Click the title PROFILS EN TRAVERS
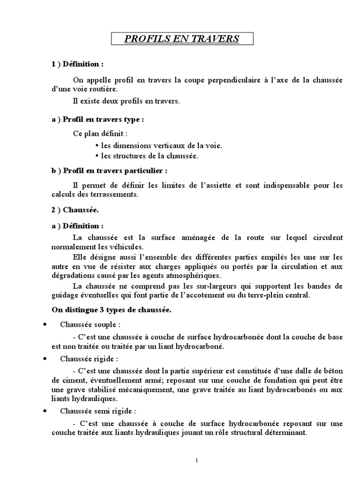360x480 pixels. [x=182, y=38]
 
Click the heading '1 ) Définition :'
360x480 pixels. [x=77, y=64]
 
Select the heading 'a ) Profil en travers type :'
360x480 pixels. [x=97, y=120]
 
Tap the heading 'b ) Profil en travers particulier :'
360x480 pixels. [x=109, y=171]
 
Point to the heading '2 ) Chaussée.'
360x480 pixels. [x=75, y=211]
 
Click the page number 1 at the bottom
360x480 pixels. [x=197, y=460]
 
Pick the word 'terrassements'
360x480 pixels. [x=115, y=195]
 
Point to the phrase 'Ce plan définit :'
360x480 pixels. [x=100, y=133]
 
